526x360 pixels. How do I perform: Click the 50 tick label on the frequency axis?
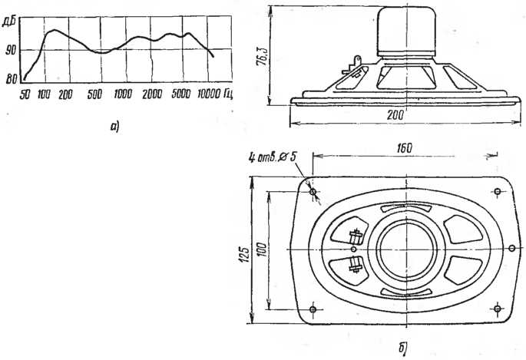click(25, 94)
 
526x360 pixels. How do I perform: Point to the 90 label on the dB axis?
click(11, 51)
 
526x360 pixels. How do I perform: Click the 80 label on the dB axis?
click(10, 78)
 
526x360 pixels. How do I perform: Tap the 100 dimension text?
click(261, 250)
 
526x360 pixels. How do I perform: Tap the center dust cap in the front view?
click(408, 250)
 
